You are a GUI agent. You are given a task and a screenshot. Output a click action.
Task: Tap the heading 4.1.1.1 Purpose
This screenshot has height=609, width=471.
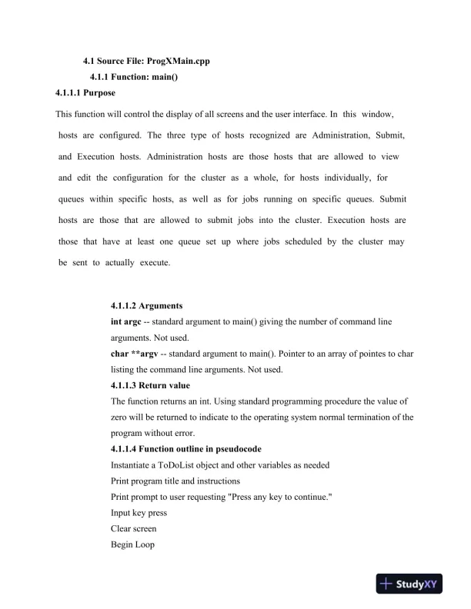coord(85,93)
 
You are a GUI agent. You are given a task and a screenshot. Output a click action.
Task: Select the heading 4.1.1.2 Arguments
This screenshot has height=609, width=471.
coord(147,305)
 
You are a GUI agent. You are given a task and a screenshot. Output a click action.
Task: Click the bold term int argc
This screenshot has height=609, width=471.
coord(126,321)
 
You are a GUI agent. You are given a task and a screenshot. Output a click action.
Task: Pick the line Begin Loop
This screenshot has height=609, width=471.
coord(133,545)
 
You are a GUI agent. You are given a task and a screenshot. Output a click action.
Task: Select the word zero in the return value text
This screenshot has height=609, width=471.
coord(123,418)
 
